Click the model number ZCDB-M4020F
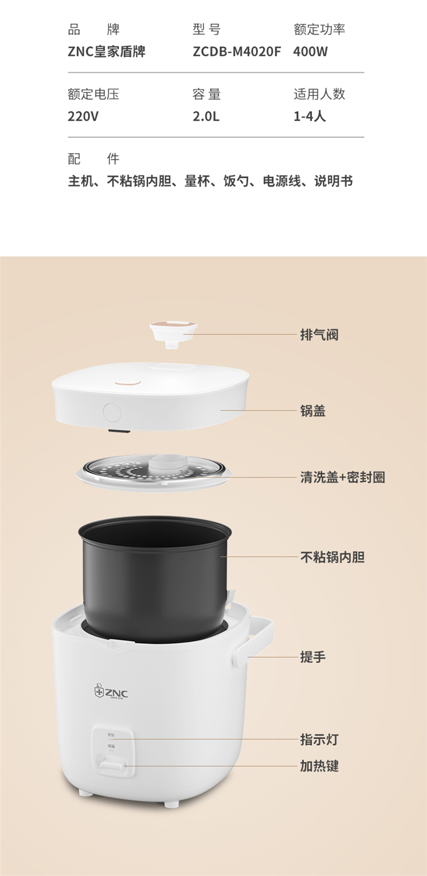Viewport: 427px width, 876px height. tap(237, 52)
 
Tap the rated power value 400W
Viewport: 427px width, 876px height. tap(310, 52)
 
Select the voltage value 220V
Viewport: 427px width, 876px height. tap(83, 116)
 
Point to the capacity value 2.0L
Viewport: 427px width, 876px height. tap(206, 116)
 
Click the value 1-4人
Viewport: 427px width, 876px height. tap(310, 116)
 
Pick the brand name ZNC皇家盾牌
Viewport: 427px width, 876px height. tap(106, 52)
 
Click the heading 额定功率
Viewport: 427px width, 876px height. tap(319, 30)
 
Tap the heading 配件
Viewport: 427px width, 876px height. tap(93, 159)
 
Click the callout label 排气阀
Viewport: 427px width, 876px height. tap(319, 334)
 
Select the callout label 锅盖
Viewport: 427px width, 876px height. tap(313, 411)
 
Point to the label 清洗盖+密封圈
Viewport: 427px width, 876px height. tap(343, 477)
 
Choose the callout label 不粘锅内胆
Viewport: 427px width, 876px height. tap(332, 557)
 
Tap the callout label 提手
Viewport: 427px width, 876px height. tap(313, 656)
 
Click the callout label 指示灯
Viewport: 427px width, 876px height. tap(319, 739)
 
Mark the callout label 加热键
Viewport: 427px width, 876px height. tap(319, 766)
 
